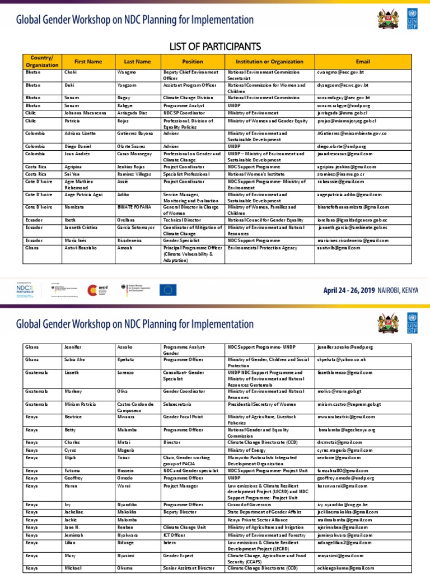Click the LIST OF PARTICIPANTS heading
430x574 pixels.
click(x=214, y=45)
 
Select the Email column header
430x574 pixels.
click(x=362, y=62)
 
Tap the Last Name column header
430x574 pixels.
click(x=137, y=62)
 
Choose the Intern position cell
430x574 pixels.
click(x=170, y=544)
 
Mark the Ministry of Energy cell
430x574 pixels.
click(x=246, y=450)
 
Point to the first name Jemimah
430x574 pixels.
click(x=74, y=536)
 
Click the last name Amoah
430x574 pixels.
click(x=125, y=247)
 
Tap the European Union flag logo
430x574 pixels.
click(x=168, y=290)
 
